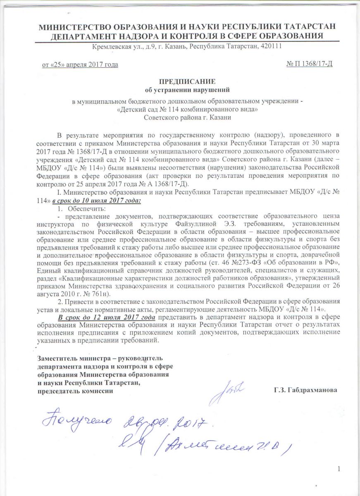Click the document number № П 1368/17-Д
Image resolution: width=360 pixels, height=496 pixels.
[x=309, y=64]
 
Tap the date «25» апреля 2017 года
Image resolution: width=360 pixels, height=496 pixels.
[x=80, y=64]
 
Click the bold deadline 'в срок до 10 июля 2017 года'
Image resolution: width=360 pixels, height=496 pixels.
[x=97, y=201]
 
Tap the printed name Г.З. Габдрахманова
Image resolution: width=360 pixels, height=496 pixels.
[x=305, y=390]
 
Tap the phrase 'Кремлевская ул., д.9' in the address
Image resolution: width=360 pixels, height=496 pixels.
[x=119, y=46]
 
